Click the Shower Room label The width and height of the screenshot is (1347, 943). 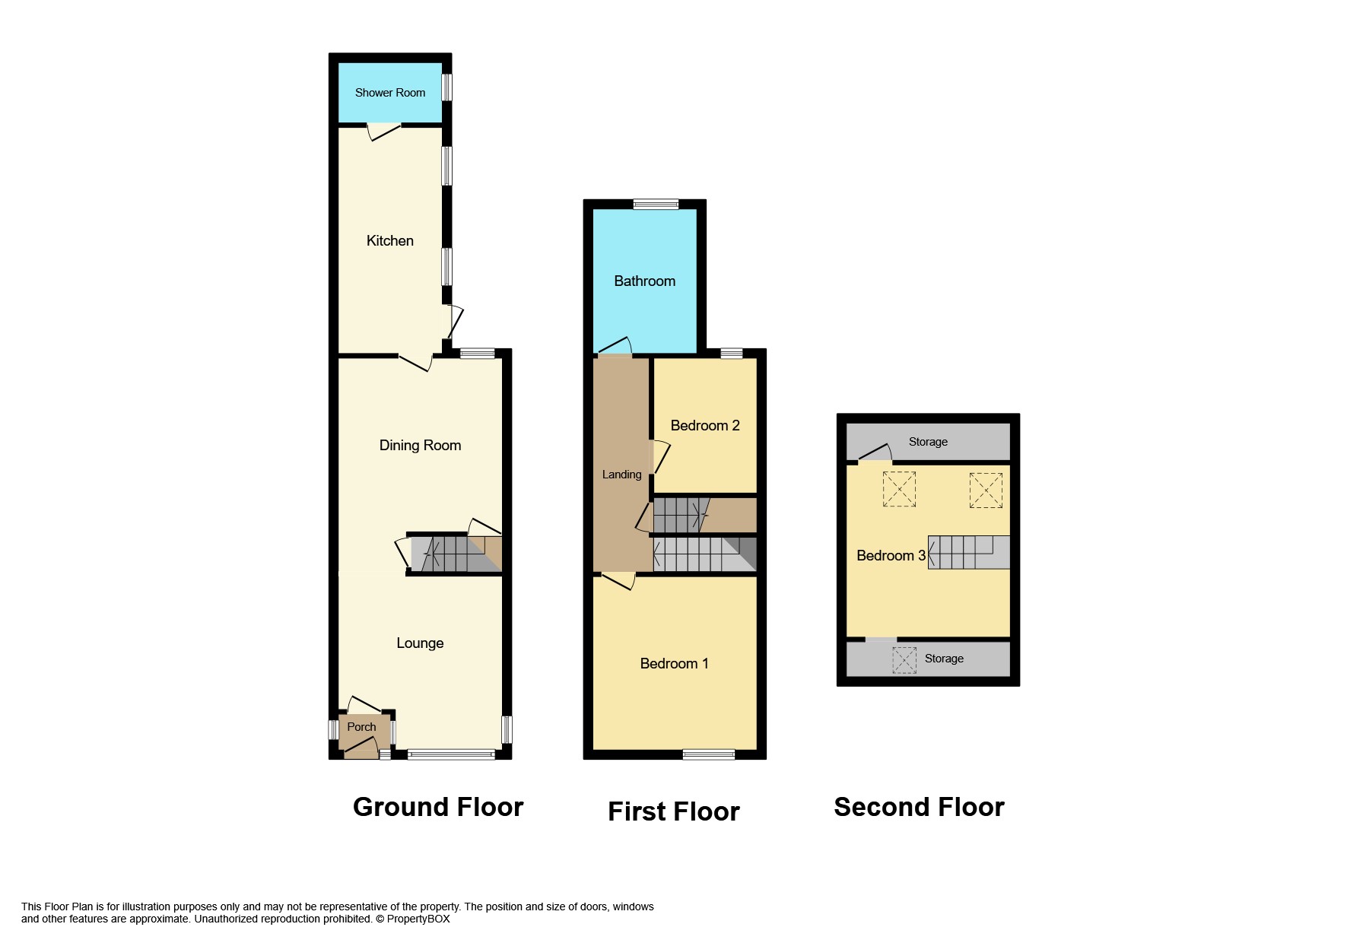[x=390, y=93]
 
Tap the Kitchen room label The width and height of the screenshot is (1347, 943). [x=390, y=241]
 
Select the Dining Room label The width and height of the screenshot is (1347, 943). [x=420, y=446]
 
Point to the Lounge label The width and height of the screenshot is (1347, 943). [x=420, y=643]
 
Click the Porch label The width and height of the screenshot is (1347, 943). [x=361, y=727]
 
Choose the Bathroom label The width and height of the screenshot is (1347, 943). [x=644, y=281]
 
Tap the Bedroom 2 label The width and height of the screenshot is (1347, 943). [x=704, y=426]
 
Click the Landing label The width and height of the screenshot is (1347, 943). [x=621, y=475]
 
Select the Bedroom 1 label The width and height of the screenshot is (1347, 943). [x=674, y=664]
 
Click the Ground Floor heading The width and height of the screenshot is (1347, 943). [x=438, y=807]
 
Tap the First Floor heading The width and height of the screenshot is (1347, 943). [x=673, y=811]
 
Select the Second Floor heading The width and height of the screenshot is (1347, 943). [x=919, y=807]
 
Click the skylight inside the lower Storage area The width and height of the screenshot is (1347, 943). [x=904, y=659]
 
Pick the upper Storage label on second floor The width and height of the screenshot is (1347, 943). [x=928, y=442]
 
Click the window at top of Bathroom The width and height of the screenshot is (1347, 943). [x=656, y=204]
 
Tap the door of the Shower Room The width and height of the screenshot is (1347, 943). [x=384, y=132]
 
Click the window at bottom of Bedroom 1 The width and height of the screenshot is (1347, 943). [x=708, y=754]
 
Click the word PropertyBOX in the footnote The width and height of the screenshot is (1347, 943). [x=418, y=919]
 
